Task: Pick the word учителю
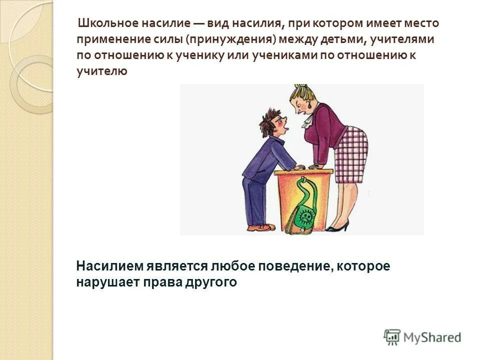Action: tap(102, 71)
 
